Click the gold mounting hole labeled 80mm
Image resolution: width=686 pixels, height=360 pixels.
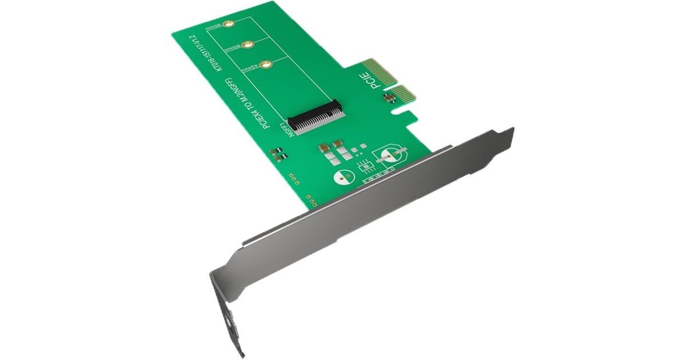228,25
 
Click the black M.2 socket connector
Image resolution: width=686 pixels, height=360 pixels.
317,117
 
